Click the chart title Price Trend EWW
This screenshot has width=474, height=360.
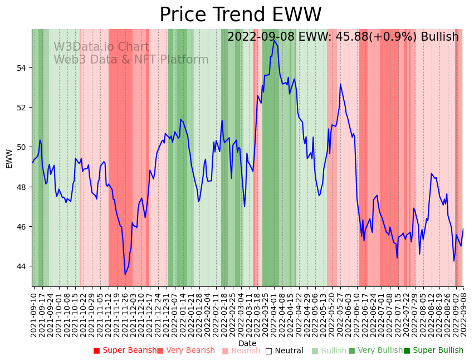[x=241, y=15]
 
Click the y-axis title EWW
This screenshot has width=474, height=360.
[x=9, y=158]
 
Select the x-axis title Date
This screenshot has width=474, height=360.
[x=247, y=344]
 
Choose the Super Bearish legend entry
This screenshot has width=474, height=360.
[x=125, y=351]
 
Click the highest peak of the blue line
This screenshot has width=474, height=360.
[x=274, y=41]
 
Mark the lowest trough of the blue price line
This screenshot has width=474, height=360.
[x=125, y=274]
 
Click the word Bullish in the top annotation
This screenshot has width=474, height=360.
[x=439, y=37]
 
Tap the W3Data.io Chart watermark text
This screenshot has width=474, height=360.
[x=101, y=47]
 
